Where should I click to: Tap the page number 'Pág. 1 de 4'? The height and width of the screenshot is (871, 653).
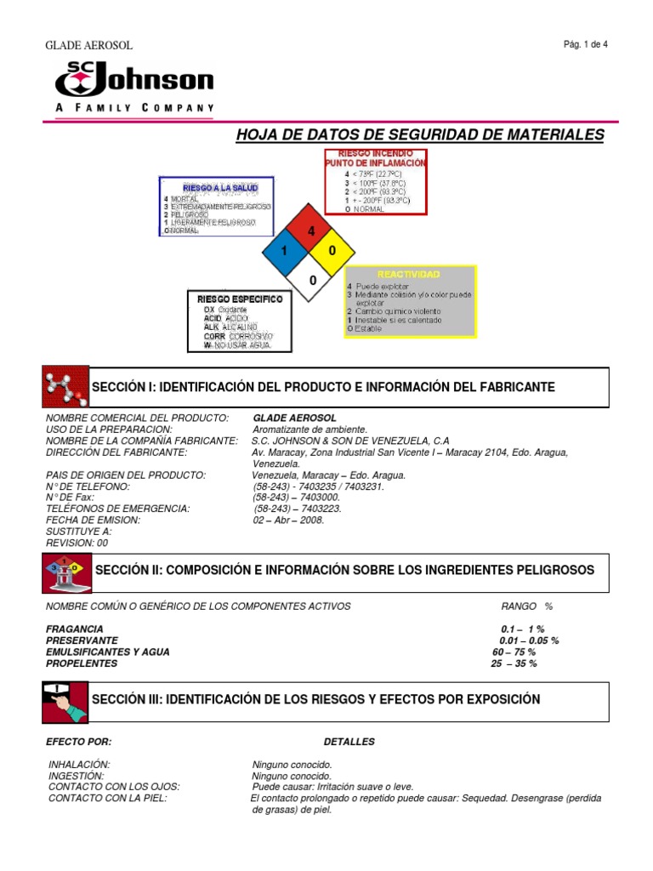pyautogui.click(x=585, y=45)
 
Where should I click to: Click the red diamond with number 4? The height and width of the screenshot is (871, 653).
pyautogui.click(x=311, y=231)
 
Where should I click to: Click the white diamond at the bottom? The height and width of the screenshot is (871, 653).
pyautogui.click(x=311, y=279)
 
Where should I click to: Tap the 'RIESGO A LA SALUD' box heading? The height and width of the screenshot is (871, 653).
pyautogui.click(x=216, y=187)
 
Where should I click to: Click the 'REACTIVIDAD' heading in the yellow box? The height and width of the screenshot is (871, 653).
pyautogui.click(x=410, y=275)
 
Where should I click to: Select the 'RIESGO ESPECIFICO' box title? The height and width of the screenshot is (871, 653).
pyautogui.click(x=240, y=299)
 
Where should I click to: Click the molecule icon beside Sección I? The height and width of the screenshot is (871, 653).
pyautogui.click(x=65, y=388)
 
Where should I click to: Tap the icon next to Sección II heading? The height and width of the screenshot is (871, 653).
pyautogui.click(x=64, y=571)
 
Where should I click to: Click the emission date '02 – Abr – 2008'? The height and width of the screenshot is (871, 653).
pyautogui.click(x=289, y=520)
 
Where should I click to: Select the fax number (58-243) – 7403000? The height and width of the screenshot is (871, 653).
pyautogui.click(x=297, y=498)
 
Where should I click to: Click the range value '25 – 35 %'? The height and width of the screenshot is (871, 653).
pyautogui.click(x=514, y=663)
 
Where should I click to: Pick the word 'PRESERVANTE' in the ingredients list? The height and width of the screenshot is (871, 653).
pyautogui.click(x=82, y=640)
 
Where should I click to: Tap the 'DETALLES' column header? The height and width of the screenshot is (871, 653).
pyautogui.click(x=349, y=742)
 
